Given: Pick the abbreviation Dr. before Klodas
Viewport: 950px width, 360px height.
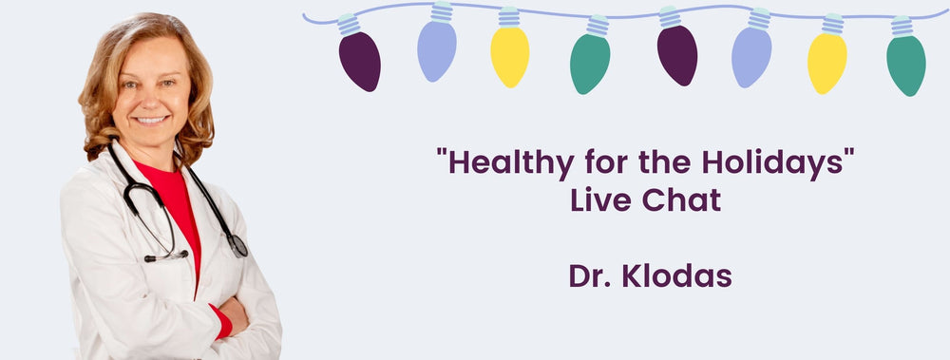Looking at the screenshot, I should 590,275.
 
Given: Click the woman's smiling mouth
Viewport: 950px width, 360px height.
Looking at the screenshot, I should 152,121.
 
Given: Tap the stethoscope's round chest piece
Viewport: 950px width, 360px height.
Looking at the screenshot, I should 237,246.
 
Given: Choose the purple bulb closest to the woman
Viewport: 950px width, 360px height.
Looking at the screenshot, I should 359,60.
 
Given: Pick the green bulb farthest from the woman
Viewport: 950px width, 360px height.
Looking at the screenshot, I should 905,64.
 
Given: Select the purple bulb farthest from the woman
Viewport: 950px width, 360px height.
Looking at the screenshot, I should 676,54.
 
